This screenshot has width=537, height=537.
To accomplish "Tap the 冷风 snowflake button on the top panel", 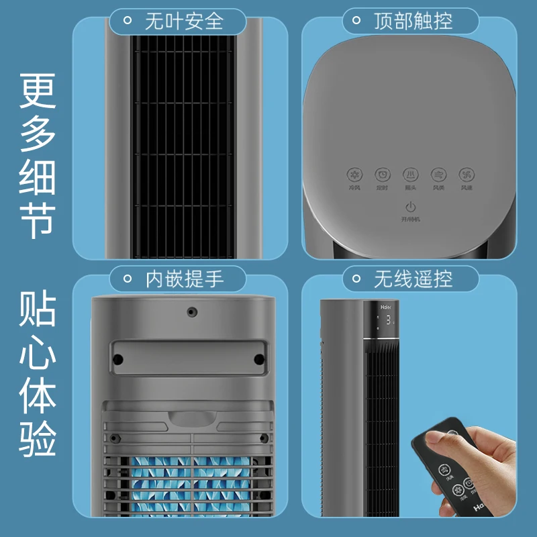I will click(x=354, y=175).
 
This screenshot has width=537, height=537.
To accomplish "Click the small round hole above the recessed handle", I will click(x=193, y=312).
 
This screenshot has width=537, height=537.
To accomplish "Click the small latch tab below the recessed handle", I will click(x=193, y=419).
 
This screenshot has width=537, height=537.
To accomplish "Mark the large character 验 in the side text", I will click(x=36, y=438).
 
